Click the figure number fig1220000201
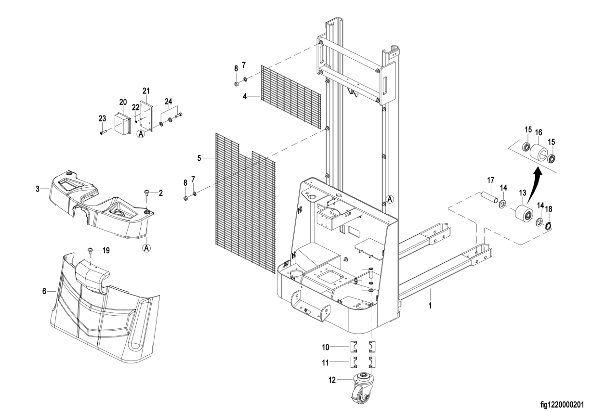[562, 404]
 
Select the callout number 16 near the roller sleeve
[539, 132]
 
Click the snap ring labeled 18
[548, 226]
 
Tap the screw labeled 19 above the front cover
[91, 250]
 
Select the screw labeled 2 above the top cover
[146, 192]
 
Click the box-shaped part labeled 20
[123, 123]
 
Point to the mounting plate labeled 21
[146, 116]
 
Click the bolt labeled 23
[104, 132]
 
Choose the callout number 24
[168, 102]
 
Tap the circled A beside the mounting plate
[141, 133]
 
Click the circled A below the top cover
[146, 248]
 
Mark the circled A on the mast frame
[390, 199]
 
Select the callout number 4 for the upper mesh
[245, 96]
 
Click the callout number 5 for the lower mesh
[199, 158]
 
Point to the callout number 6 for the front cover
[44, 291]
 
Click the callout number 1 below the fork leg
[430, 306]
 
